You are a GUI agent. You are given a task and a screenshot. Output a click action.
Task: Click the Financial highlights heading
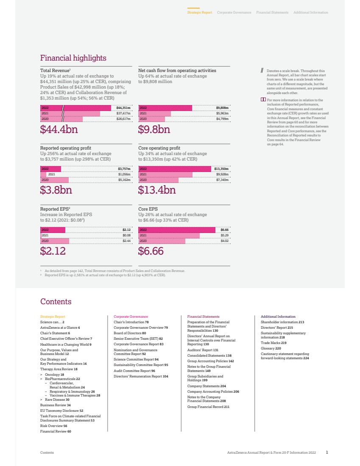pyautogui.click(x=73, y=58)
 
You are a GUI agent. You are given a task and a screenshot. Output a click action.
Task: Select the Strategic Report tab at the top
pyautogui.click(x=199, y=13)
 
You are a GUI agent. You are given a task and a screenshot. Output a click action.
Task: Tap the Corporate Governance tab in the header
pyautogui.click(x=234, y=13)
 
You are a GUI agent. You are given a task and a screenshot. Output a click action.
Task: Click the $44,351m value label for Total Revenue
pyautogui.click(x=123, y=108)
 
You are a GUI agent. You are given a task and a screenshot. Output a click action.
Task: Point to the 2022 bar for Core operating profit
pyautogui.click(x=175, y=169)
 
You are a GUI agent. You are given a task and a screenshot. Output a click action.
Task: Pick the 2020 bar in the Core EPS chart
pyautogui.click(x=162, y=241)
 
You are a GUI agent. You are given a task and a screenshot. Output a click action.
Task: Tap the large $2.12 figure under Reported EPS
pyautogui.click(x=54, y=252)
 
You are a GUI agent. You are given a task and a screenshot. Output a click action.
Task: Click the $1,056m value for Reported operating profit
pyautogui.click(x=124, y=174)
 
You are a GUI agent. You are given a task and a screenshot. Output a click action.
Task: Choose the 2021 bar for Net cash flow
pyautogui.click(x=155, y=114)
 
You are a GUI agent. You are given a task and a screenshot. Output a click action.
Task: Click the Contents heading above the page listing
pyautogui.click(x=56, y=302)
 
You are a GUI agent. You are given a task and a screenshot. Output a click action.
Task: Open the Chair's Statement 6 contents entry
pyautogui.click(x=55, y=333)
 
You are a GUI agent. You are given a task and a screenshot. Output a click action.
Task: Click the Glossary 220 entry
pyautogui.click(x=271, y=348)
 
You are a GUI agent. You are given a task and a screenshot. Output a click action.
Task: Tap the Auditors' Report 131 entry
pyautogui.click(x=203, y=350)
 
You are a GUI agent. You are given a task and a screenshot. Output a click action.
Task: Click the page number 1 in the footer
pyautogui.click(x=327, y=452)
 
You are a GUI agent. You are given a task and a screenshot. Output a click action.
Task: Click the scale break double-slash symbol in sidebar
pyautogui.click(x=262, y=71)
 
